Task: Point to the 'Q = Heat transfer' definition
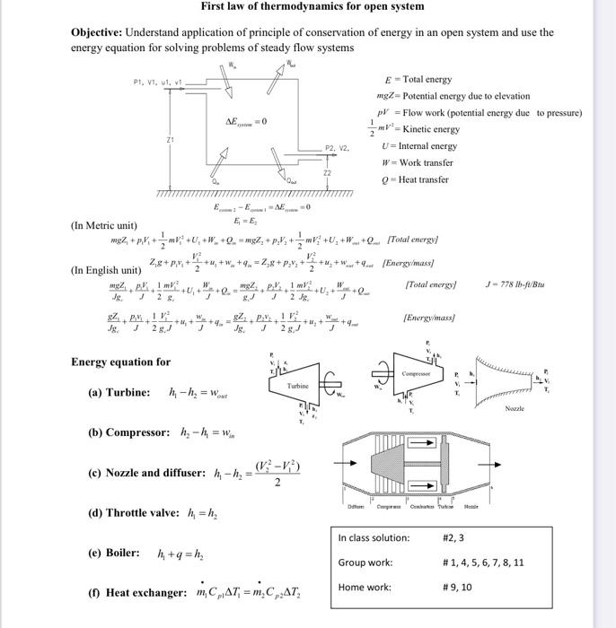tap(415, 179)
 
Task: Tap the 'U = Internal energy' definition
tap(419, 146)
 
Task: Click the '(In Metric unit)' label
tap(103, 225)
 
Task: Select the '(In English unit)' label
tap(105, 270)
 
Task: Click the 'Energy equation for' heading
tap(120, 362)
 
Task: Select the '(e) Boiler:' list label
tap(114, 553)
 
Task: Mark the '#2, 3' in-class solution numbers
tap(453, 538)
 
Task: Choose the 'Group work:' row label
tap(365, 563)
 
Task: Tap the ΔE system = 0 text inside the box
tap(245, 121)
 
